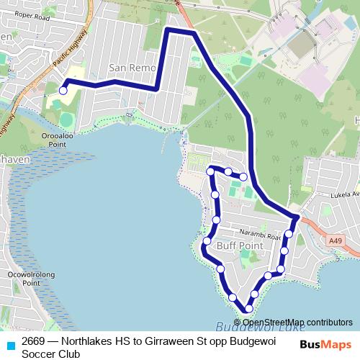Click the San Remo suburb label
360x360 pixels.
tap(127, 68)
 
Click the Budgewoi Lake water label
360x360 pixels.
tap(245, 325)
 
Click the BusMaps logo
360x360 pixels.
tap(325, 345)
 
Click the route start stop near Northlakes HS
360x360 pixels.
tap(63, 91)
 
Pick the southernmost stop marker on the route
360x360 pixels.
tap(248, 308)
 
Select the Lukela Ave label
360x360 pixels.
tap(344, 194)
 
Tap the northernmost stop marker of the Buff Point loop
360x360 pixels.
tap(212, 170)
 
